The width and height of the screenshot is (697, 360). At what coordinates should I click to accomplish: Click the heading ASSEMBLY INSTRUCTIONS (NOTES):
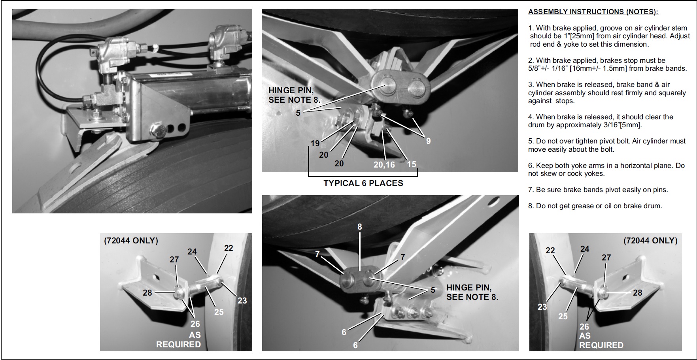tap(593, 12)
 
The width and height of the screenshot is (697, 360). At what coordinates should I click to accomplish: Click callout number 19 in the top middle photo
tap(315, 143)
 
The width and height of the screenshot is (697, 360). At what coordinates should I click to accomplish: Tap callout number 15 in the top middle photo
tap(412, 164)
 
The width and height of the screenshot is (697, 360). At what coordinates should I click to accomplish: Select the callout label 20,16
tap(384, 164)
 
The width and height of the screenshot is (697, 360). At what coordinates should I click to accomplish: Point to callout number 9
tap(428, 141)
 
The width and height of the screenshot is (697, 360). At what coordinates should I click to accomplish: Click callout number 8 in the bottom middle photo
tap(360, 227)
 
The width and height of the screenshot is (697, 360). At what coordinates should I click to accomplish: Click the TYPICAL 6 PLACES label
tap(363, 183)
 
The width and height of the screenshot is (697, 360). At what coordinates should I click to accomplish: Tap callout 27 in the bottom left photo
tap(174, 260)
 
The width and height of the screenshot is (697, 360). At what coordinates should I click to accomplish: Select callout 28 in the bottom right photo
tap(638, 292)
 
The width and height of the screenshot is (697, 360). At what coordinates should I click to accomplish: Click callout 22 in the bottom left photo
tap(229, 248)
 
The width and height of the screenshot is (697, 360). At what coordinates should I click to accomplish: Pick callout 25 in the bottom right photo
tap(563, 316)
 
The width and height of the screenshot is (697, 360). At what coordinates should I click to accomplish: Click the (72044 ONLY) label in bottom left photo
tap(131, 240)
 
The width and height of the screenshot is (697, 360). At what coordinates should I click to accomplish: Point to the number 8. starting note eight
tap(531, 206)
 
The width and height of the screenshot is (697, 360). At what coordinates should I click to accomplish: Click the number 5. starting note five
tap(531, 141)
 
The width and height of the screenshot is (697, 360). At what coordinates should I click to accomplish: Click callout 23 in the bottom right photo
tap(542, 307)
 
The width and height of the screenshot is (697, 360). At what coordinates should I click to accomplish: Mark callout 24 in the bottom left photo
tap(192, 252)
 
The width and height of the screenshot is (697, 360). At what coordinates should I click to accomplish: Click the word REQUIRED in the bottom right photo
tap(601, 345)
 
